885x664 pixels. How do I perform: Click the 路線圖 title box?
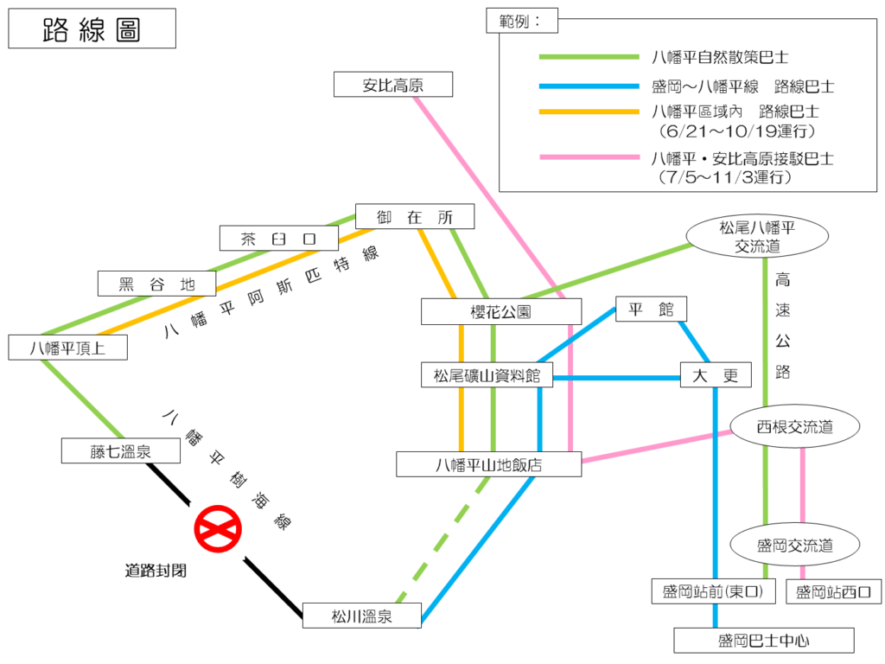click(92, 29)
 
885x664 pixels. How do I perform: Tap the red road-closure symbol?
click(217, 529)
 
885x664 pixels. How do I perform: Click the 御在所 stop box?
click(415, 217)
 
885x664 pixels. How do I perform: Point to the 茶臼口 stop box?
click(278, 239)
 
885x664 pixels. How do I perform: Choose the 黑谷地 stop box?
click(156, 284)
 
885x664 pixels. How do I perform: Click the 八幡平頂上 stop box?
click(67, 348)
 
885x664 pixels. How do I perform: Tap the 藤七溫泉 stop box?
click(120, 450)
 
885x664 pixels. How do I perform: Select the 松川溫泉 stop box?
click(361, 616)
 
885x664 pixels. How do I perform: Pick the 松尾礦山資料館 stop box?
click(487, 375)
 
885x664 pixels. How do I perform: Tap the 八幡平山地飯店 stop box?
click(488, 464)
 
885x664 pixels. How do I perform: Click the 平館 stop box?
click(651, 310)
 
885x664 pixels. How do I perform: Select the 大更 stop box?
click(716, 375)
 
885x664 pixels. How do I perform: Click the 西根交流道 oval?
click(795, 426)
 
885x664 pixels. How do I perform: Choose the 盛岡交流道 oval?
click(795, 546)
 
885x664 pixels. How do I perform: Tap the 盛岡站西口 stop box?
click(834, 592)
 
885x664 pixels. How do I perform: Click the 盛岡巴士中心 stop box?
click(763, 641)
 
